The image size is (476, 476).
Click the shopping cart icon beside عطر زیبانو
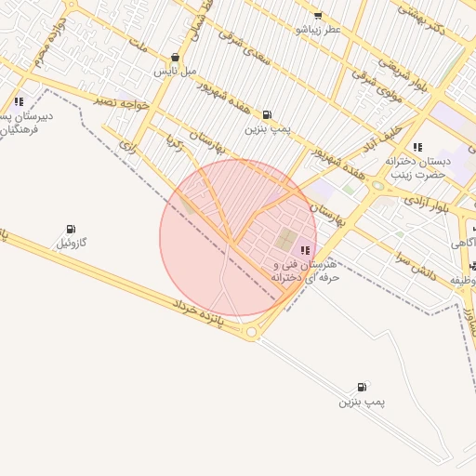(x=318, y=15)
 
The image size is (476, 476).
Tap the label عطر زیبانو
(x=319, y=30)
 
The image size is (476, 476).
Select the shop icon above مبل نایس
(x=175, y=57)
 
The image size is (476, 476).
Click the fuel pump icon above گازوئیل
(x=71, y=229)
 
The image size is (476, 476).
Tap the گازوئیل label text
(x=72, y=243)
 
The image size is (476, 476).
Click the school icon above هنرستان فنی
(x=305, y=249)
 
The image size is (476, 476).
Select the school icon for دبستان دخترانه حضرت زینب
(x=417, y=147)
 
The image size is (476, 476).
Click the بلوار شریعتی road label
(x=401, y=64)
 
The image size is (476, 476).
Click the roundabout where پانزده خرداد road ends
(x=251, y=331)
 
